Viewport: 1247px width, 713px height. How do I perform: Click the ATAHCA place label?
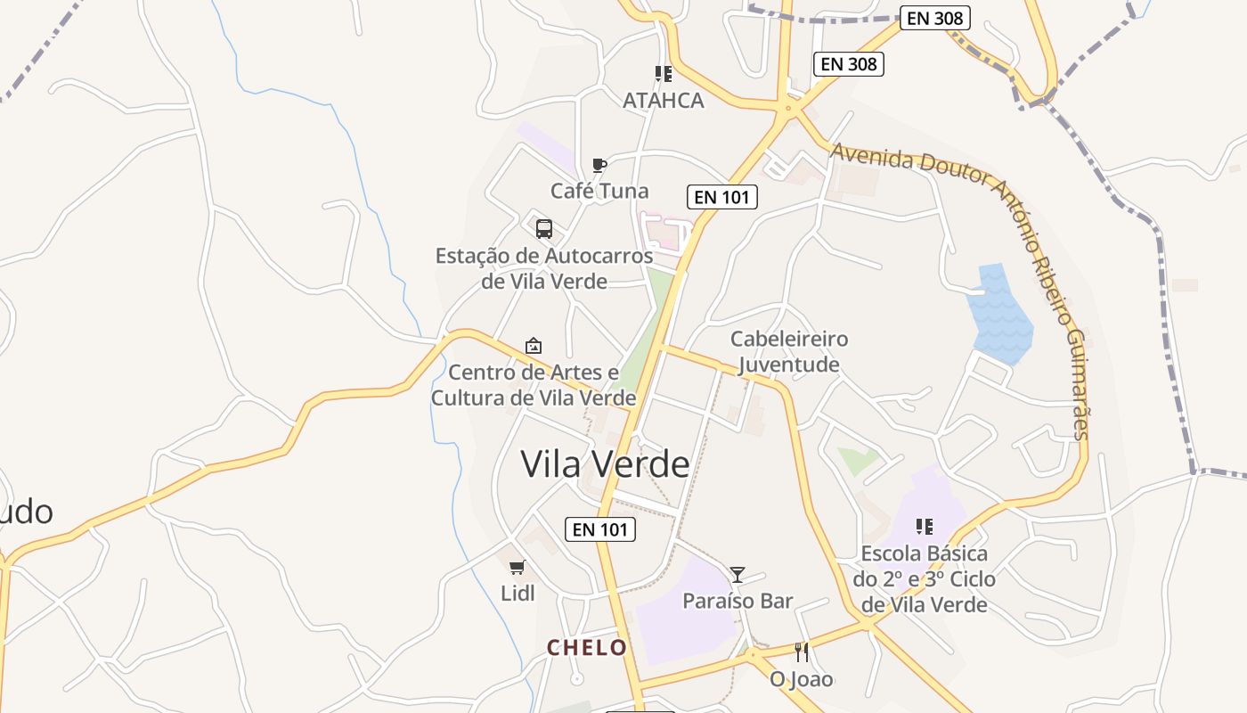pos(663,100)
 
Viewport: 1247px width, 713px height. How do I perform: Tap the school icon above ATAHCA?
pos(663,74)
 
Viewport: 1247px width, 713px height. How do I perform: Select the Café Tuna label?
pos(599,191)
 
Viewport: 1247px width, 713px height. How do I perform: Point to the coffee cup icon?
pos(599,165)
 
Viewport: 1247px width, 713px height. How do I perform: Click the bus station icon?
pos(544,228)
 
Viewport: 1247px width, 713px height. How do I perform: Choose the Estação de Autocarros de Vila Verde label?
pos(544,268)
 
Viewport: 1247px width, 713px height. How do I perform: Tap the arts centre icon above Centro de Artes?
pos(534,345)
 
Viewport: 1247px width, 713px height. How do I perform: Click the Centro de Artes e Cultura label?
pos(534,384)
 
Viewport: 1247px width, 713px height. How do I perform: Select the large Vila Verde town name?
pos(605,464)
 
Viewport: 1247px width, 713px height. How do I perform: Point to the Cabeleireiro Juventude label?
pos(789,351)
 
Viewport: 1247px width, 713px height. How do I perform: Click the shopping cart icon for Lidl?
pos(517,567)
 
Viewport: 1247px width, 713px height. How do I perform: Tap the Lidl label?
pos(518,593)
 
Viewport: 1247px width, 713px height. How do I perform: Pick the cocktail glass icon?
pos(738,575)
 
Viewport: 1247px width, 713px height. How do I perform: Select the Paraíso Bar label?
pos(738,601)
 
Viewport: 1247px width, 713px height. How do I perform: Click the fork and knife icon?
pos(802,652)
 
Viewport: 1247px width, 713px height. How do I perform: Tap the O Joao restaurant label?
pos(802,679)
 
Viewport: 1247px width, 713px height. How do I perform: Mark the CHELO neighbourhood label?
pos(587,648)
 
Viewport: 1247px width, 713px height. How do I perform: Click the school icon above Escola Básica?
pos(925,527)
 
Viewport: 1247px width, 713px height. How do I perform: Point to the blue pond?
pos(999,316)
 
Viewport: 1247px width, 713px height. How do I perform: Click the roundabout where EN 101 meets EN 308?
pos(787,110)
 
